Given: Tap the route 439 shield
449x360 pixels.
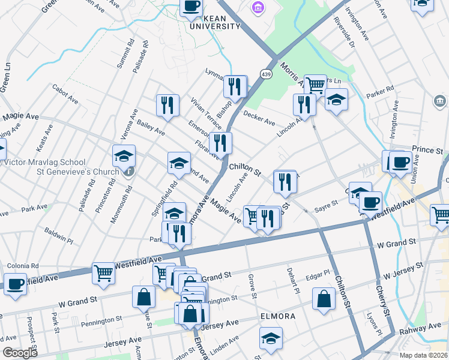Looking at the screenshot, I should coord(265,73).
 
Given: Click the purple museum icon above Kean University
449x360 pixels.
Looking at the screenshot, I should coord(258,8).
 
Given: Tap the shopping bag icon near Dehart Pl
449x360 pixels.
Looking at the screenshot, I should coord(324,300).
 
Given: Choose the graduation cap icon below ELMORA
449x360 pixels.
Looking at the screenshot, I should coord(271,338).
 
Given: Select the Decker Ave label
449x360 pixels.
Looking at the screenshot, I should coord(259,118).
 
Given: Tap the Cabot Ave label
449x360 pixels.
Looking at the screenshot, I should coord(65,94).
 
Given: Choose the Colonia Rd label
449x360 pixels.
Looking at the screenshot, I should coord(23,265).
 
